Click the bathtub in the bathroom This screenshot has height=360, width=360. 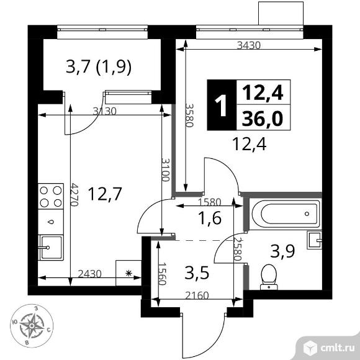(286, 214)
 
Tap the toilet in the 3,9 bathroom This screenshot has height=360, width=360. (269, 277)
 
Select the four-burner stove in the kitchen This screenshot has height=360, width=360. (51, 196)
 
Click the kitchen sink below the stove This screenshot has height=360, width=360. (51, 248)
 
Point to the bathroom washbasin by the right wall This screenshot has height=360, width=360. (315, 240)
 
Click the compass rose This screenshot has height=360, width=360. (32, 325)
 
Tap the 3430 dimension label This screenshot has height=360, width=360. (249, 45)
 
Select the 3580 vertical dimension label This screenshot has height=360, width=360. (190, 115)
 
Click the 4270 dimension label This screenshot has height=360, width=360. (75, 194)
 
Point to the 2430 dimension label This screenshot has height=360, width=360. (90, 274)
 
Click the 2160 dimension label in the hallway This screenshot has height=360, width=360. (197, 295)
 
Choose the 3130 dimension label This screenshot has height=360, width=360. (105, 111)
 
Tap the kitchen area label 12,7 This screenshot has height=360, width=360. (104, 194)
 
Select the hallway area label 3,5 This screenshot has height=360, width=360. (197, 274)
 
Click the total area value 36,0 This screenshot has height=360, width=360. (263, 119)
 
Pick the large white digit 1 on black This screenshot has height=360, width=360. (222, 106)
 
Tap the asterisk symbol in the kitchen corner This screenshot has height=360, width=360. (129, 273)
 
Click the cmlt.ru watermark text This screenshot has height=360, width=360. (337, 349)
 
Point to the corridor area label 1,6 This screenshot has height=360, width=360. (210, 218)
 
